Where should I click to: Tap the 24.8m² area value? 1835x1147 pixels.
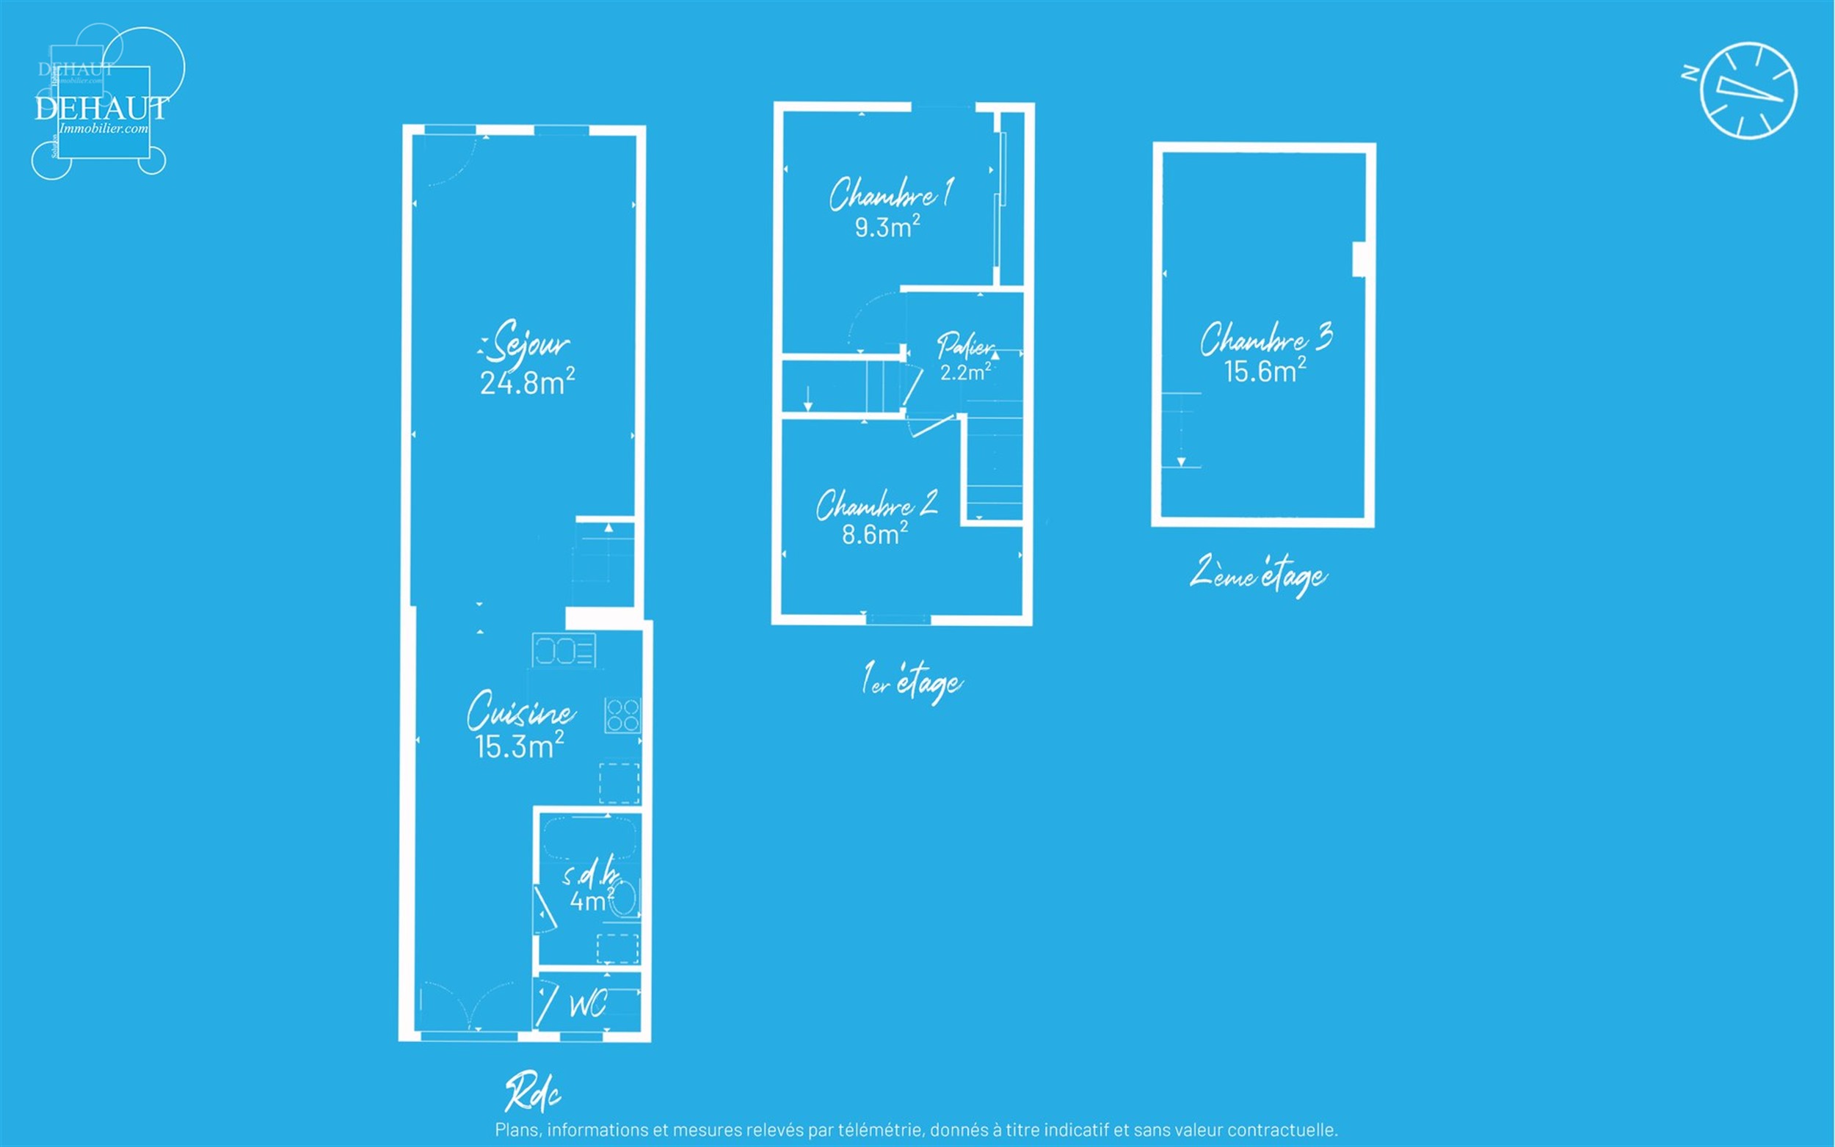pyautogui.click(x=527, y=382)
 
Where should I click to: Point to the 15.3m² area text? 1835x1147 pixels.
pyautogui.click(x=520, y=746)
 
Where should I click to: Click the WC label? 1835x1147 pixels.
pyautogui.click(x=588, y=1006)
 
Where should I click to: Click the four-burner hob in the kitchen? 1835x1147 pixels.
pyautogui.click(x=622, y=715)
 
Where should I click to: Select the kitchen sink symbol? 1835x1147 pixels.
pyautogui.click(x=564, y=650)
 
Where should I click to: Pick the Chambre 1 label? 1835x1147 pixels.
pyautogui.click(x=890, y=194)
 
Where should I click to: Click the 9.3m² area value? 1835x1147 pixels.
pyautogui.click(x=887, y=226)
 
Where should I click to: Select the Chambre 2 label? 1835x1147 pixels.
pyautogui.click(x=877, y=504)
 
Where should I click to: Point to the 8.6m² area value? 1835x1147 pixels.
pyautogui.click(x=875, y=534)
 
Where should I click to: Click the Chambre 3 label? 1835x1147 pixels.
pyautogui.click(x=1266, y=338)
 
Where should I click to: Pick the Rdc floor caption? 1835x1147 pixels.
pyautogui.click(x=534, y=1093)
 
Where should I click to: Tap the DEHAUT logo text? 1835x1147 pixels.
pyautogui.click(x=101, y=109)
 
